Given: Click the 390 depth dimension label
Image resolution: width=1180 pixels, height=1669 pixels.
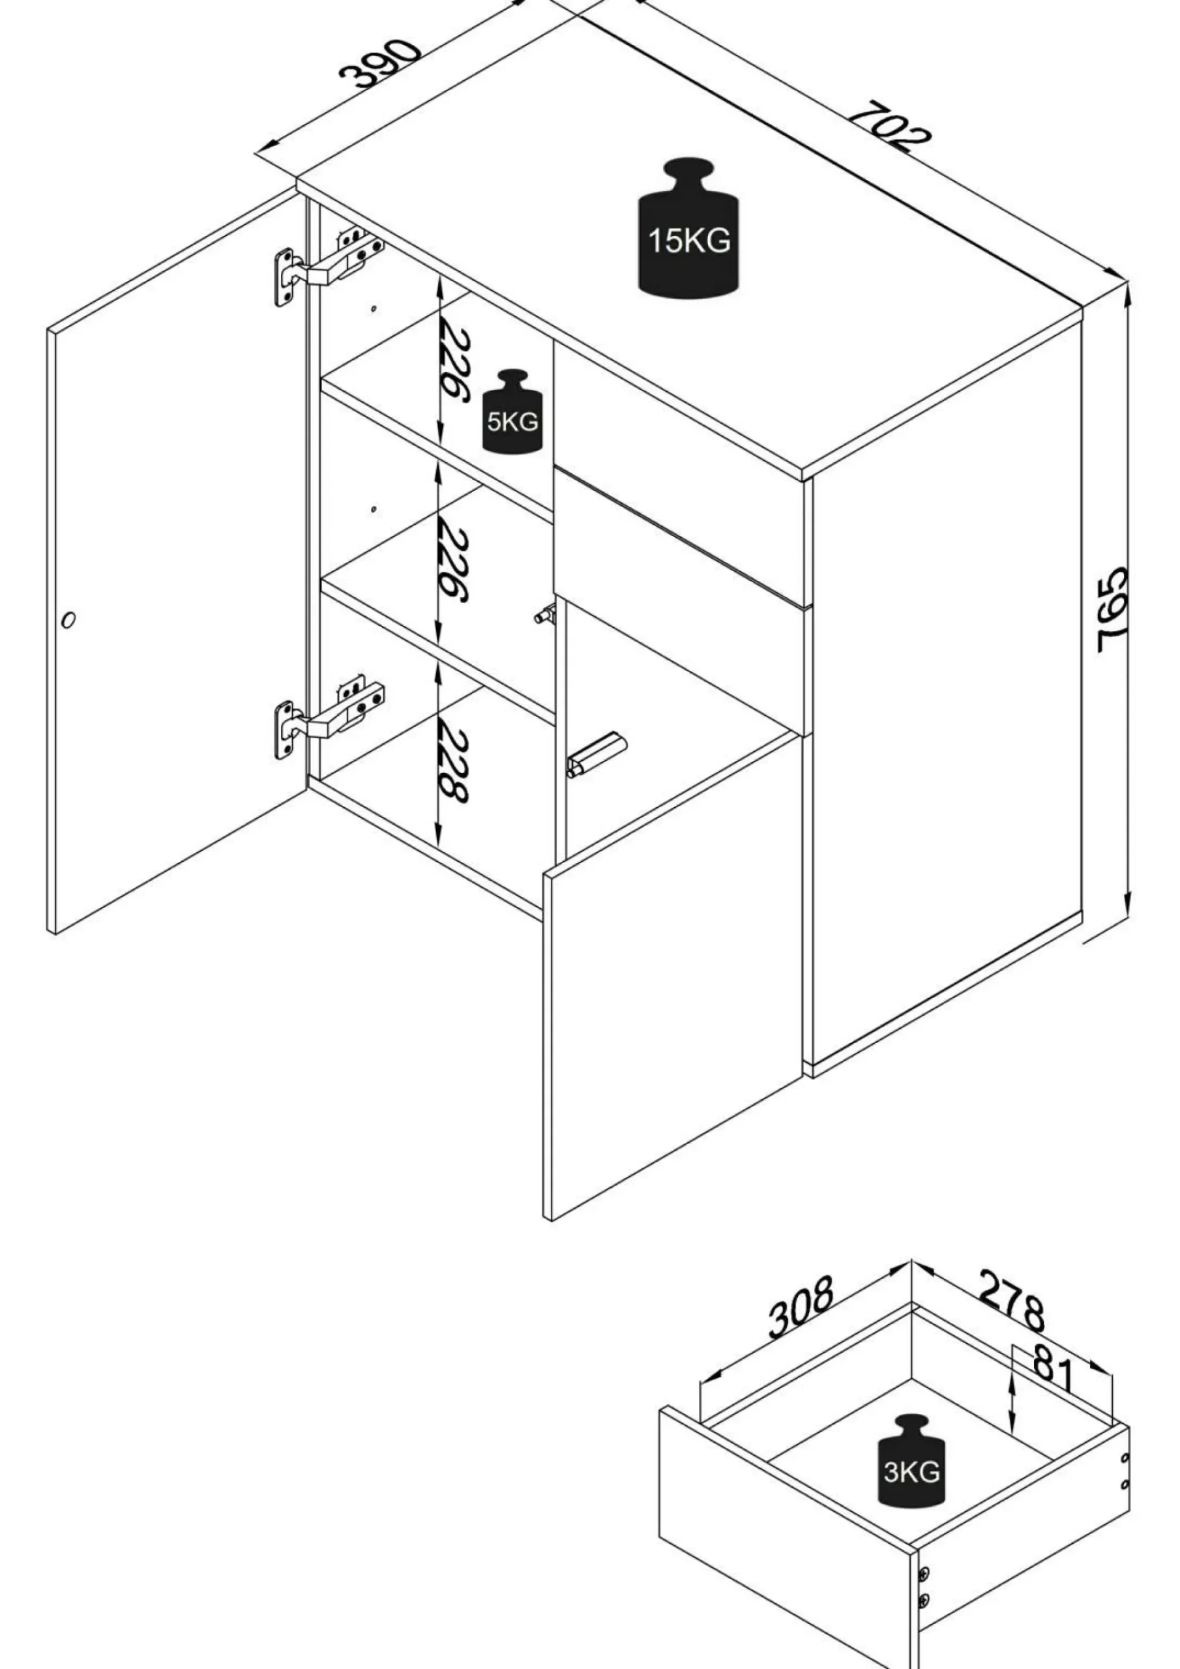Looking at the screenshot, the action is [380, 64].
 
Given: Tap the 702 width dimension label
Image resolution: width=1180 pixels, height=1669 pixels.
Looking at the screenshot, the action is [889, 128].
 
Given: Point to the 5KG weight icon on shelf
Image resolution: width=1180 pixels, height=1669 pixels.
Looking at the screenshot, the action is [513, 411].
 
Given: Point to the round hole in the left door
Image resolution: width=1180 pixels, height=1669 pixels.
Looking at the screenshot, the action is [69, 620].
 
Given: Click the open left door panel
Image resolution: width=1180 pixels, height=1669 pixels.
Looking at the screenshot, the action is [178, 560].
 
